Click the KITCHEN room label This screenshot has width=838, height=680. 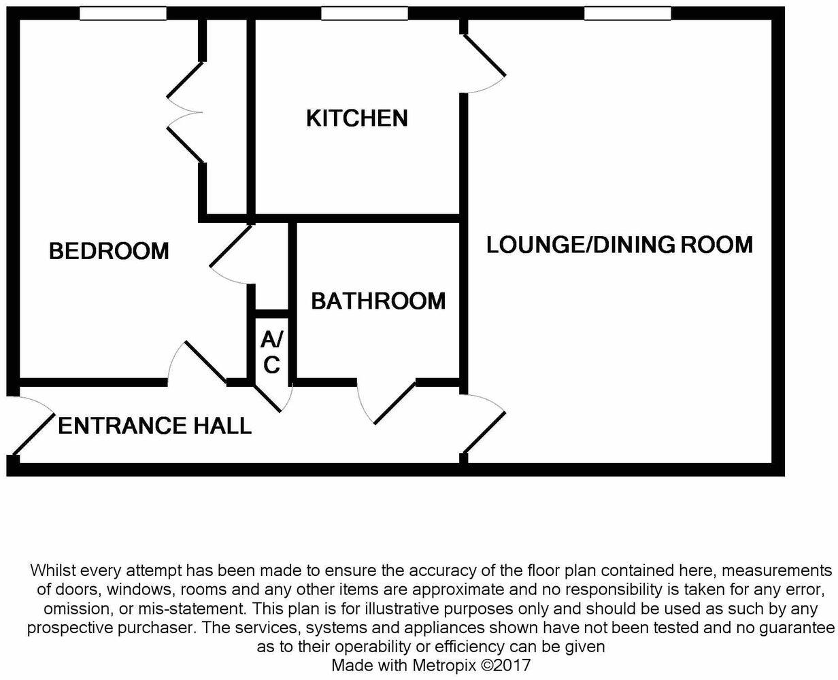[x=356, y=118]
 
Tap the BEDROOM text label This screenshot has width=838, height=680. [x=109, y=251]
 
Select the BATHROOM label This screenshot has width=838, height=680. [x=378, y=301]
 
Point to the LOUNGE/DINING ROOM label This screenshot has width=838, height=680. [x=619, y=244]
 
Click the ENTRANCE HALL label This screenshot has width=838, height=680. [x=154, y=426]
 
